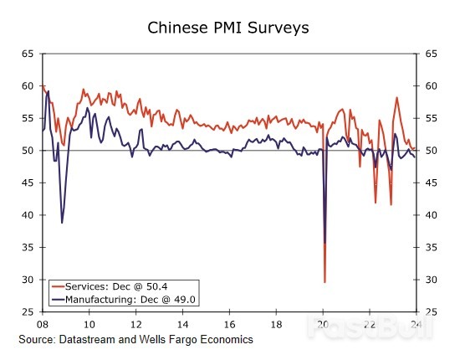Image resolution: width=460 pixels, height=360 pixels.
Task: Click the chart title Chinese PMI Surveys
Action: pyautogui.click(x=228, y=28)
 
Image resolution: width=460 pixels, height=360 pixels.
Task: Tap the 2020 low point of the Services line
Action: pyautogui.click(x=325, y=282)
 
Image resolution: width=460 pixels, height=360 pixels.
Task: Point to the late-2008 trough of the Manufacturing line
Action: pyautogui.click(x=62, y=223)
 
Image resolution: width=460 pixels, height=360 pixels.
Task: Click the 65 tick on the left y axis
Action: pyautogui.click(x=28, y=54)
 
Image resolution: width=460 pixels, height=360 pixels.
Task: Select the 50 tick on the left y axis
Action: pyautogui.click(x=28, y=151)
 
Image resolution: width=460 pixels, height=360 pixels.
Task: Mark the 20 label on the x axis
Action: pyautogui.click(x=323, y=323)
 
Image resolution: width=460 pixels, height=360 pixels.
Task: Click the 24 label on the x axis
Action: pyautogui.click(x=417, y=323)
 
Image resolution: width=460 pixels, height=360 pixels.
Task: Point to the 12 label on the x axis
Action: pyautogui.click(x=135, y=323)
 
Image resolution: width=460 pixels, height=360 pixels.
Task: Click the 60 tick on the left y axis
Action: pyautogui.click(x=28, y=86)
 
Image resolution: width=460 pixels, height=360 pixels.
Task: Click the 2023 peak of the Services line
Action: pyautogui.click(x=396, y=97)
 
